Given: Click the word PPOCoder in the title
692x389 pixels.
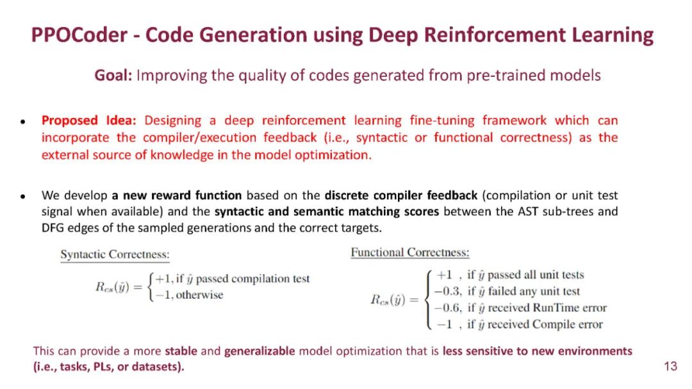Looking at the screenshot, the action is click(79, 35).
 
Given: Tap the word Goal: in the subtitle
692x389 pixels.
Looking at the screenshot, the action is click(113, 75).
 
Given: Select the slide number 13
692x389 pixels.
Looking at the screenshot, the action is click(670, 366).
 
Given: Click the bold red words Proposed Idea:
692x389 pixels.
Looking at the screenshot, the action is click(89, 120).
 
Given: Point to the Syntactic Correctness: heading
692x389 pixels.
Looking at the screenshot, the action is click(115, 254).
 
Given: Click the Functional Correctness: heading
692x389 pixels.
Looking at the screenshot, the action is click(410, 252).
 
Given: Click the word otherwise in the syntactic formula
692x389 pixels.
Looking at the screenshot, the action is click(199, 295).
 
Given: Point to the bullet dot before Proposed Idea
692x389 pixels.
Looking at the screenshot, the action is click(22, 121).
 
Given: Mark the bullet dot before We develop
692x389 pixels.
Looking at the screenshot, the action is click(22, 197).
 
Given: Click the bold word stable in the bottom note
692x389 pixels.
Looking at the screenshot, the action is click(181, 351).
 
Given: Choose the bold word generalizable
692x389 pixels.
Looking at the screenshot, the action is click(259, 351).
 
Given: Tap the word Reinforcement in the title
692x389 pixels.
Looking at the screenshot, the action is click(495, 35).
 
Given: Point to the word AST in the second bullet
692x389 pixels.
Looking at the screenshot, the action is click(529, 211).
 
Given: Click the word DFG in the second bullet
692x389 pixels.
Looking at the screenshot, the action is click(51, 228).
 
